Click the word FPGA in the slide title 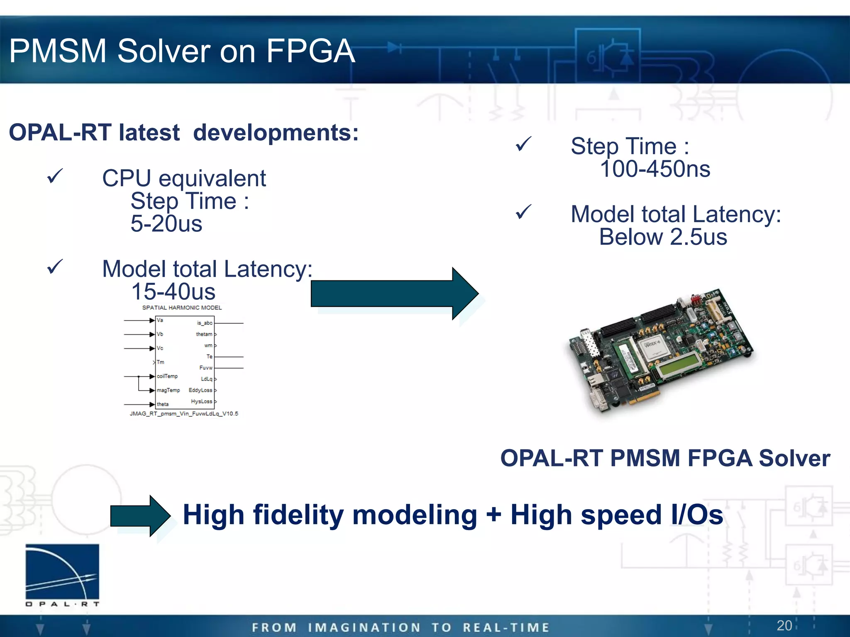click(x=310, y=51)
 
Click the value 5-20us click(x=166, y=224)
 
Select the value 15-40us click(x=173, y=292)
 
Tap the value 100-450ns click(x=655, y=169)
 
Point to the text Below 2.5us click(x=663, y=237)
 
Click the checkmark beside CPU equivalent click(x=55, y=176)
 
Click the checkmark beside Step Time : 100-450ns click(x=523, y=144)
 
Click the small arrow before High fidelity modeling click(x=140, y=515)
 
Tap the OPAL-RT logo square click(x=62, y=571)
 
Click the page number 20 click(x=784, y=625)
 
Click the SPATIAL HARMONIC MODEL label click(x=182, y=308)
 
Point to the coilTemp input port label click(x=167, y=376)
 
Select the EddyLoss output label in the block click(x=200, y=390)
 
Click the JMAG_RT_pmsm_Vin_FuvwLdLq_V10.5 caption click(x=184, y=413)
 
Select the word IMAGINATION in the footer click(x=364, y=627)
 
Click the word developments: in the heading click(x=276, y=133)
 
